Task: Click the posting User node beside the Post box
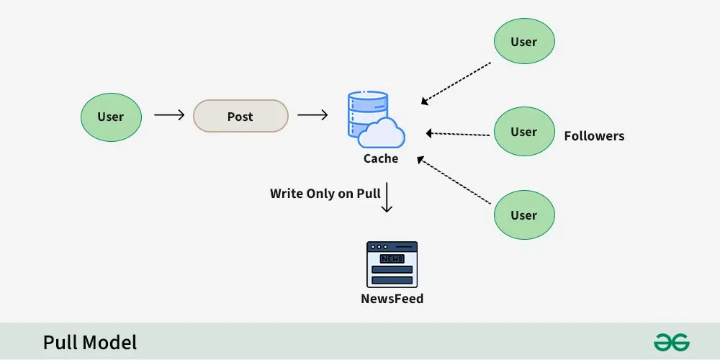click(x=111, y=117)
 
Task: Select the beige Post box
click(x=240, y=116)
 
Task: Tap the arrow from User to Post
click(x=169, y=115)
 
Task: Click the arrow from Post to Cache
click(x=312, y=115)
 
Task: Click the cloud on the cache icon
click(x=382, y=134)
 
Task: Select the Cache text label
click(x=381, y=158)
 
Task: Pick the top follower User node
click(x=524, y=42)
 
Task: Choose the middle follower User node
click(x=524, y=132)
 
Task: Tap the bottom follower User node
click(x=524, y=215)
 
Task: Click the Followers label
click(x=594, y=136)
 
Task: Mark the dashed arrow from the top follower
click(x=456, y=83)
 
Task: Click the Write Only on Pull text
click(x=325, y=194)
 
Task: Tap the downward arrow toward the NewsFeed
click(x=387, y=198)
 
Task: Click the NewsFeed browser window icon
click(x=392, y=264)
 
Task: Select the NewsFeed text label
click(x=392, y=298)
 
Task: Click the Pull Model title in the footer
click(x=90, y=343)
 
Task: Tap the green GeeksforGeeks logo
click(x=672, y=342)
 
